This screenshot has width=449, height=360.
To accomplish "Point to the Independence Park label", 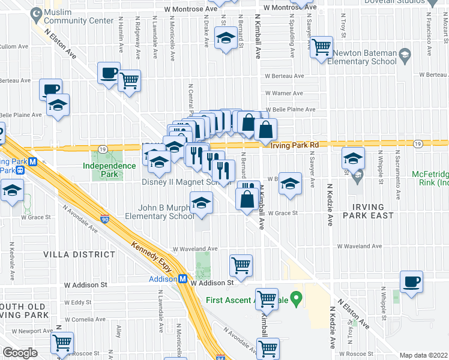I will [109, 166].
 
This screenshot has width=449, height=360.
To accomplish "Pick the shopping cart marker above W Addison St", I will [241, 264].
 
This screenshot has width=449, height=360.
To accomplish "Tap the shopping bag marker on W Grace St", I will [247, 199].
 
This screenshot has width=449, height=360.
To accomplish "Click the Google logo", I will [20, 353].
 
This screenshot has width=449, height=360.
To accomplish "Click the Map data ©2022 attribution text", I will [423, 355].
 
